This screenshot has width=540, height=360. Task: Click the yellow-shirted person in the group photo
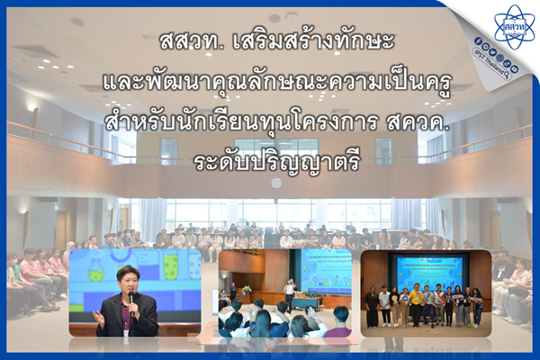point(416,304)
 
